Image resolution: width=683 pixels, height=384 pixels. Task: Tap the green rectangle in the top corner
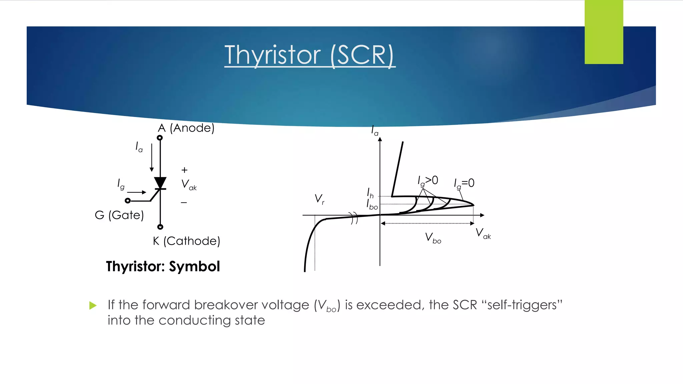click(x=604, y=32)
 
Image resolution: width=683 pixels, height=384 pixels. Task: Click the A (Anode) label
click(x=186, y=128)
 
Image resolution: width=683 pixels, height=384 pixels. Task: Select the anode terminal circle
click(x=160, y=138)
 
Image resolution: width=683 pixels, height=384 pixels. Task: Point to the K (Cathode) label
click(x=186, y=241)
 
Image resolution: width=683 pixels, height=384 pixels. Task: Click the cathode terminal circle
click(x=160, y=227)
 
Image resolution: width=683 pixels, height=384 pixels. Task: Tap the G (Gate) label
click(x=119, y=215)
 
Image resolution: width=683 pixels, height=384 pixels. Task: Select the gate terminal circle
click(x=127, y=201)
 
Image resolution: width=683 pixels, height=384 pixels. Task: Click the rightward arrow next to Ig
click(x=137, y=192)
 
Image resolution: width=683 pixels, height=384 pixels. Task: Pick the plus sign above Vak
click(x=184, y=170)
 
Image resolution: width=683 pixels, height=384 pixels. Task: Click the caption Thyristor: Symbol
click(x=163, y=266)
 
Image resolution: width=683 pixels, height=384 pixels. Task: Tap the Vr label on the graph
click(x=319, y=199)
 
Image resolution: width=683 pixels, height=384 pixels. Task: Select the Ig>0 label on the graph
click(x=428, y=181)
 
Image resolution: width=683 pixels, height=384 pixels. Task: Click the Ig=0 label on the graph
click(x=464, y=183)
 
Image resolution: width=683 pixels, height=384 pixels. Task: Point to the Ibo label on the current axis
click(x=372, y=205)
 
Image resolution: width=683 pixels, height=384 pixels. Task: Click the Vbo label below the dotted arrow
click(x=433, y=238)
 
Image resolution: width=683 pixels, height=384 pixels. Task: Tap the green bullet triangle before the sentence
click(x=93, y=305)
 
